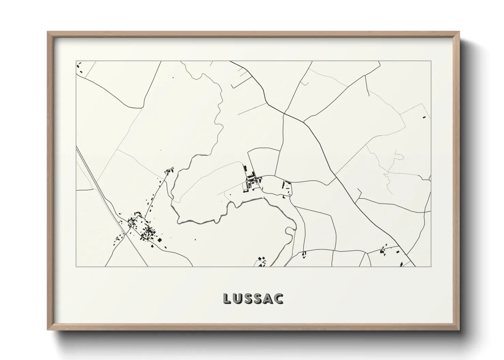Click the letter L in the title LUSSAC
pos(227,298)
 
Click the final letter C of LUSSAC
pos(280,298)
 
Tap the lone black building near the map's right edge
pos(424,117)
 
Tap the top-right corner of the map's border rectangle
pos(431,61)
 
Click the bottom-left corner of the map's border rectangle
pos(76,266)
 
